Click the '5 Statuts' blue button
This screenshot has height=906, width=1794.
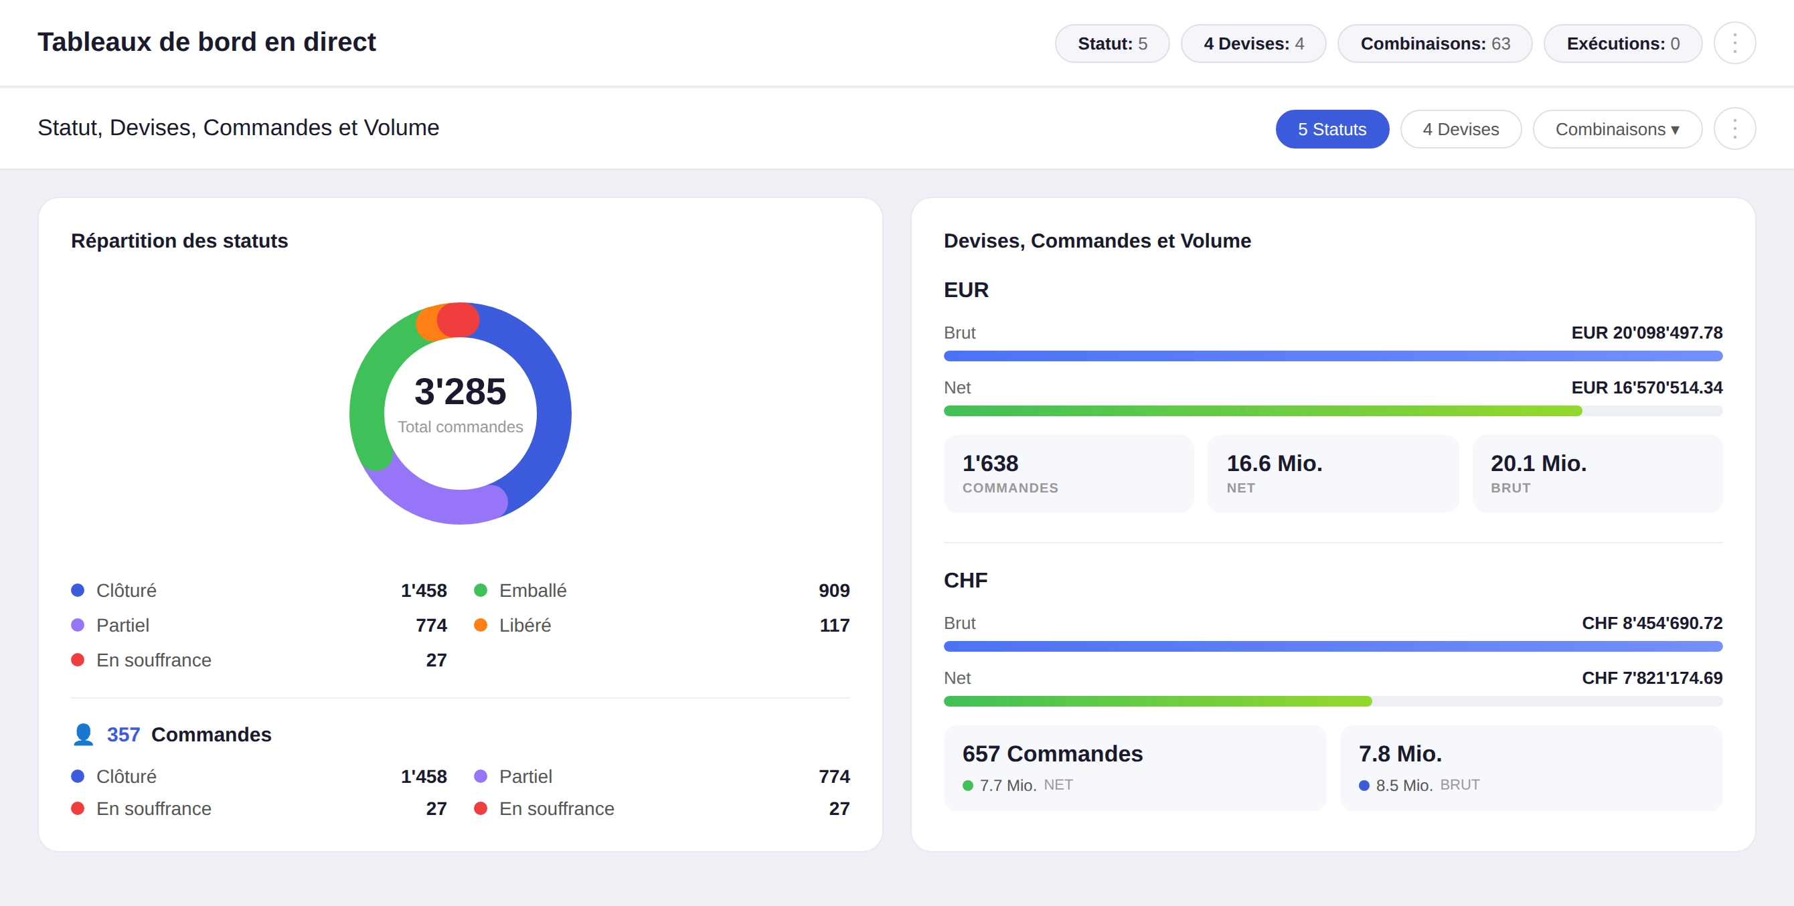coord(1331,129)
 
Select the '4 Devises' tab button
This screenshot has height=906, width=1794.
coord(1461,129)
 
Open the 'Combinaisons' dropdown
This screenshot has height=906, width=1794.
coord(1617,129)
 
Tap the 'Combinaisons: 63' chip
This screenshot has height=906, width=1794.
coord(1435,43)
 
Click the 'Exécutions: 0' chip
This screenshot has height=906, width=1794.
coord(1623,43)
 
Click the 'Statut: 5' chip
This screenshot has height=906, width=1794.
coord(1111,43)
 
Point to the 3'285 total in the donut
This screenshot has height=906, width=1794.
coord(460,391)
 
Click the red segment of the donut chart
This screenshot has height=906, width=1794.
coord(459,320)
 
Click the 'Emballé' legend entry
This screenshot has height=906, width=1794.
coord(532,591)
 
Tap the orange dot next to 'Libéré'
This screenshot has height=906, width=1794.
coord(481,626)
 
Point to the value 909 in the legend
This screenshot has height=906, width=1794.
coord(833,591)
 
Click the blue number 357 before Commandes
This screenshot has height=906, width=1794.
coord(123,735)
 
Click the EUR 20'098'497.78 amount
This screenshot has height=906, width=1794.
coord(1646,333)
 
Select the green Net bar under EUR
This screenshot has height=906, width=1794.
coord(1262,411)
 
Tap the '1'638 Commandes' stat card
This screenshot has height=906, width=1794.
coord(1068,474)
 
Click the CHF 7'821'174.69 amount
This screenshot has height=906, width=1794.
coord(1652,678)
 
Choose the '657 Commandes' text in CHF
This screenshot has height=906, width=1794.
coord(1052,753)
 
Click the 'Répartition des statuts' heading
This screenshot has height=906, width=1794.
coord(179,241)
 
